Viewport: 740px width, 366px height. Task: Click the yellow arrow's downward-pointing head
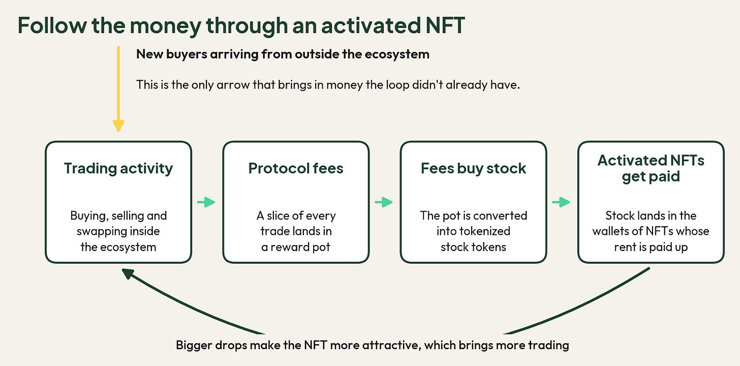click(118, 126)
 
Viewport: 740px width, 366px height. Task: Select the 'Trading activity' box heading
click(118, 168)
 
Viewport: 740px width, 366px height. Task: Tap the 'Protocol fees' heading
click(296, 168)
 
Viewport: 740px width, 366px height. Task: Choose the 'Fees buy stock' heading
click(473, 168)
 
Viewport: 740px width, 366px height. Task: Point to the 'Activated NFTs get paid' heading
click(651, 168)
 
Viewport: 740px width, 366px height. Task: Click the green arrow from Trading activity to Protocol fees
click(206, 202)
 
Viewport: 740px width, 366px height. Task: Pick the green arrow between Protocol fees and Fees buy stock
click(384, 202)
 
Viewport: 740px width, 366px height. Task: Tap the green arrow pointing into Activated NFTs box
click(561, 202)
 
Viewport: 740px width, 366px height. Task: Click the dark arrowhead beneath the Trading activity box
click(128, 273)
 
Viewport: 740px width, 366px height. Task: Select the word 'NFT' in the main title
click(445, 25)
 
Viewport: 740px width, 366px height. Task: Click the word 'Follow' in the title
click(52, 25)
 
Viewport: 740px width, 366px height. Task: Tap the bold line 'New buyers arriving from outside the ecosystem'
click(283, 54)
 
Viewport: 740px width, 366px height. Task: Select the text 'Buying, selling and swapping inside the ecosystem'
click(118, 231)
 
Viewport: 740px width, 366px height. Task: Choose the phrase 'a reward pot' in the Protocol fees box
click(296, 247)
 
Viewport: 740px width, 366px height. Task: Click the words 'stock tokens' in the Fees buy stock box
click(473, 247)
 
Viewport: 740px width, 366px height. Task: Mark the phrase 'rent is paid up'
click(651, 247)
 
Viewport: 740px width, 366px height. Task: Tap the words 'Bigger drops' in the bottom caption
click(211, 345)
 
